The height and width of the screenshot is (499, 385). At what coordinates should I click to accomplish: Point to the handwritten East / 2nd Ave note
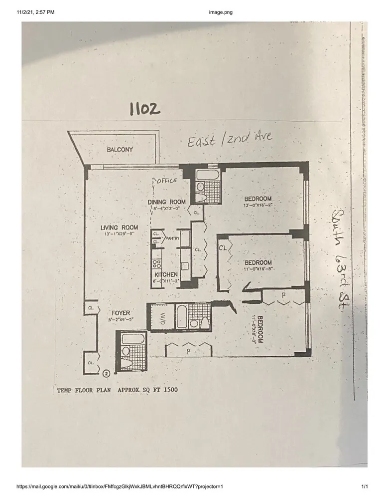coord(230,139)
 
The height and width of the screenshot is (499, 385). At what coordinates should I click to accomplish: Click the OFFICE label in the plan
coord(167,181)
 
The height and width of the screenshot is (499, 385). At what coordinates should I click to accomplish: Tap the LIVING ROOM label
coord(119,228)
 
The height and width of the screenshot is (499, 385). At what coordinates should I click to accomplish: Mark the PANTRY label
coord(172,239)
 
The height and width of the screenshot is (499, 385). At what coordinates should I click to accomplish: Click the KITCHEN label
coord(166,275)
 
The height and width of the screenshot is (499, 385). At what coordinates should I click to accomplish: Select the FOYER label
coord(120,313)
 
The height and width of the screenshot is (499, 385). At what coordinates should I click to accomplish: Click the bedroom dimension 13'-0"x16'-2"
coord(257,205)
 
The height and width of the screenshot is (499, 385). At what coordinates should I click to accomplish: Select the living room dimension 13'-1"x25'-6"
coord(119,234)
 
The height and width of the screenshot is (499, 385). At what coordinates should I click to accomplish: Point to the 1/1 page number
coord(364,486)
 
